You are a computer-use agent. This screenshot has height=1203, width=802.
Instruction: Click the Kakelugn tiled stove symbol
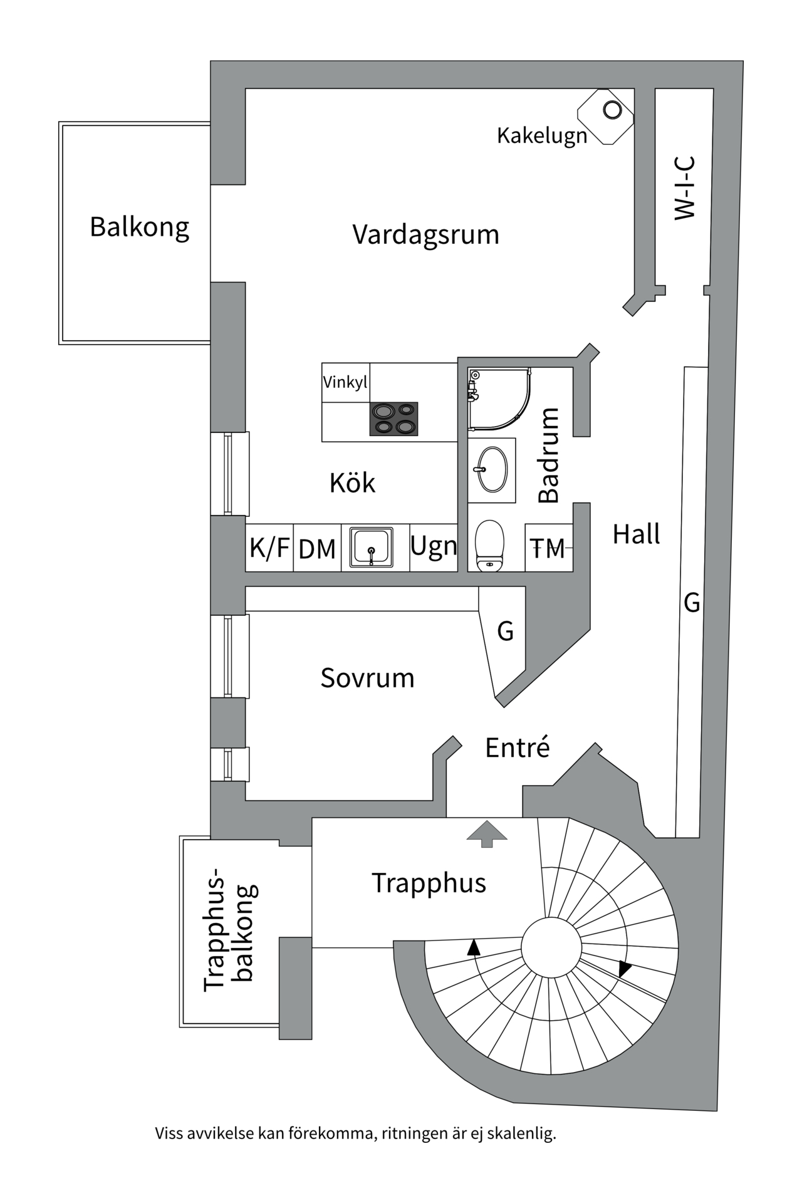click(605, 117)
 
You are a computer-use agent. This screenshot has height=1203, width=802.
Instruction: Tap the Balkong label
click(139, 227)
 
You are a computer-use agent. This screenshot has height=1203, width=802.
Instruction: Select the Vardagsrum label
click(425, 235)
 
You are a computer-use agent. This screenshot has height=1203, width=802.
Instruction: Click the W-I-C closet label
click(685, 188)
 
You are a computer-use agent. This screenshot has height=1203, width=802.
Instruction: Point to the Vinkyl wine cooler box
click(345, 382)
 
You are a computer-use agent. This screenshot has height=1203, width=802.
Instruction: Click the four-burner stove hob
click(393, 419)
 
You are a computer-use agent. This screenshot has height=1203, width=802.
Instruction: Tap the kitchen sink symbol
click(372, 548)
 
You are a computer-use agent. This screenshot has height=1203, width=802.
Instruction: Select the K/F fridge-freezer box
click(269, 548)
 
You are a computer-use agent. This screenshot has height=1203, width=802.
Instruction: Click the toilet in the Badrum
click(489, 545)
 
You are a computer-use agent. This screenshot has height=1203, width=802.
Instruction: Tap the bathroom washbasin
click(492, 470)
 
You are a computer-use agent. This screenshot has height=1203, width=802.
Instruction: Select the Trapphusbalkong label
click(229, 930)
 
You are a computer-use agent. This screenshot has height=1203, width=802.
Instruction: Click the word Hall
click(636, 534)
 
